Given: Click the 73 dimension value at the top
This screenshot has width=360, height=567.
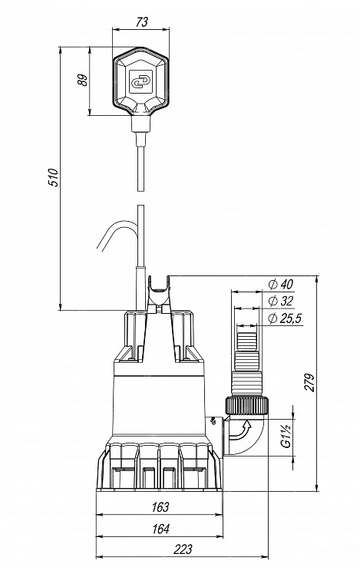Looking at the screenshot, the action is (x=142, y=22).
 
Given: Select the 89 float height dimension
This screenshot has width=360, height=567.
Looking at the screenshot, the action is (x=83, y=80).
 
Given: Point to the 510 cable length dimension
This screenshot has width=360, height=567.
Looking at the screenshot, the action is (x=54, y=177).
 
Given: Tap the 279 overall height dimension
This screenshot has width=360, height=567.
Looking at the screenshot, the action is (x=309, y=382).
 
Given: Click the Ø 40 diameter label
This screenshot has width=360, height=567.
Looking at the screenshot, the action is (x=281, y=284).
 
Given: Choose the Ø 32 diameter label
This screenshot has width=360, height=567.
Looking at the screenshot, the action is (x=281, y=301).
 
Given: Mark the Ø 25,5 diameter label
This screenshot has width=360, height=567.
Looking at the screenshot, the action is (x=285, y=318).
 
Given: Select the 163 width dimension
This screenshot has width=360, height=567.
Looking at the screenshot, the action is (x=160, y=507).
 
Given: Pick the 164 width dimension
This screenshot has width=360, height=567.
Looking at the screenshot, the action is (x=160, y=529).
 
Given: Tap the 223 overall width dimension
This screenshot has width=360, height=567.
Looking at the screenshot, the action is (x=183, y=549).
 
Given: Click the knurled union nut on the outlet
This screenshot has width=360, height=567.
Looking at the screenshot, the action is (x=247, y=406).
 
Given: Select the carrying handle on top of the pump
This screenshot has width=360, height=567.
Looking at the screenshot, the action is (x=159, y=294).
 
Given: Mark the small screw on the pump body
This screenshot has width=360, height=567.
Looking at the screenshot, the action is (x=213, y=420).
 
